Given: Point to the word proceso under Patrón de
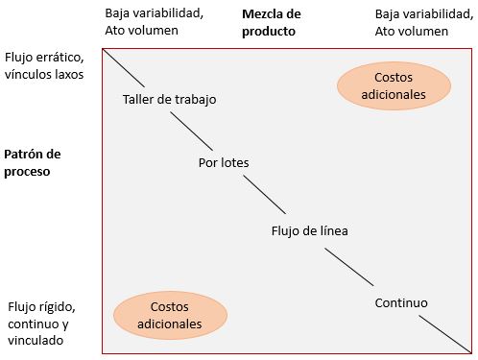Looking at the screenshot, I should pos(27,172).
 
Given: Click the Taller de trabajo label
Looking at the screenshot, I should pos(170,100).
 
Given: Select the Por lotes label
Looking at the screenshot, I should pos(223,162).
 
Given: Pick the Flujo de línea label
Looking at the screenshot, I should pos(310,230).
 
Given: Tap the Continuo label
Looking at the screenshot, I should pos(400,302).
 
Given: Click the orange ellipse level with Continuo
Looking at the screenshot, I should pos(170,315).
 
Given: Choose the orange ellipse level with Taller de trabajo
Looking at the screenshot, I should pos(394,84).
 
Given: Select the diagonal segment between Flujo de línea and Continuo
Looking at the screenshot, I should pos(349,266).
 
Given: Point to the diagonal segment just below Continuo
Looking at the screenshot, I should pos(446,334).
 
